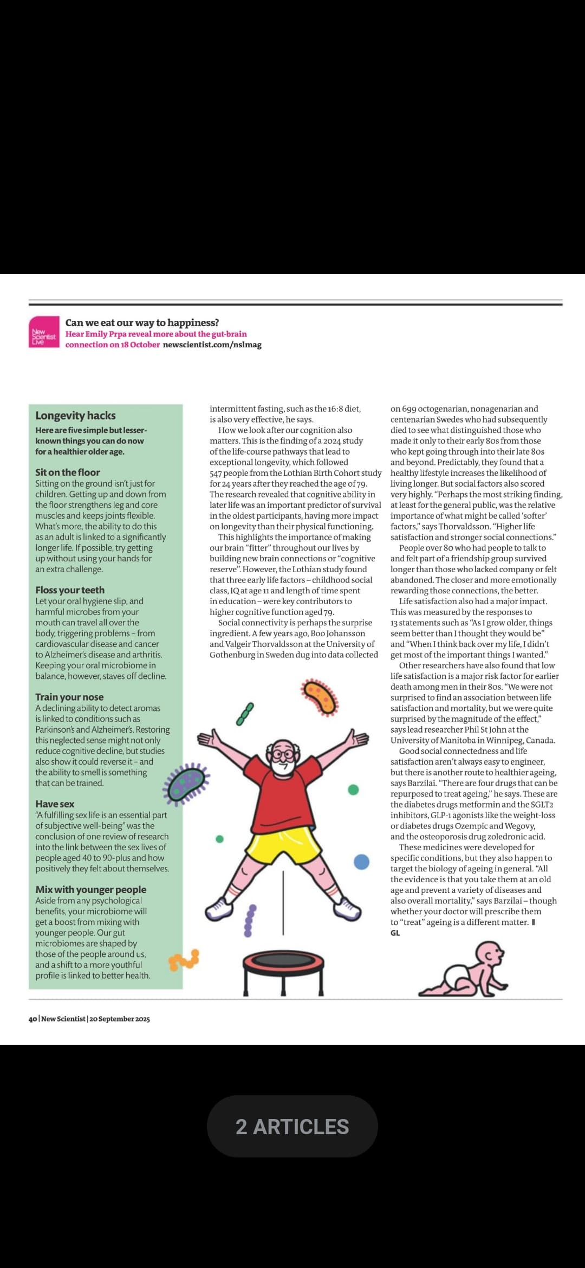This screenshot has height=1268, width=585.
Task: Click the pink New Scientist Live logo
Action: click(x=44, y=332)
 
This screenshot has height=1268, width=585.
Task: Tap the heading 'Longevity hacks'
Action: click(x=75, y=416)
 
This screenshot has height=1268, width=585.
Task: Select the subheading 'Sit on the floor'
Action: click(x=68, y=472)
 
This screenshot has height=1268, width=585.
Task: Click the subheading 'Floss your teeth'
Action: click(x=70, y=590)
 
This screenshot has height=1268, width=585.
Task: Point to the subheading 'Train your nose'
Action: click(x=69, y=697)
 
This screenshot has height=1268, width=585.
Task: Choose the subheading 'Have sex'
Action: click(x=55, y=804)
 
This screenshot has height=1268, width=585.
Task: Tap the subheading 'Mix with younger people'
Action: click(x=91, y=889)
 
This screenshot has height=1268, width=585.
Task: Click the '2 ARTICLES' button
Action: click(x=292, y=1127)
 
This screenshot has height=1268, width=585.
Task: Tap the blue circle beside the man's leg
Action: click(x=361, y=861)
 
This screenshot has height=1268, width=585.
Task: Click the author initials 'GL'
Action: click(x=395, y=933)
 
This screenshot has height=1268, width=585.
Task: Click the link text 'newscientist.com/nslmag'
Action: click(x=212, y=345)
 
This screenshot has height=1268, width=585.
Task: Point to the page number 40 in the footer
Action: click(x=32, y=1019)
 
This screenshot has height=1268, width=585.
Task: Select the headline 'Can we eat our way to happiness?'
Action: click(x=142, y=322)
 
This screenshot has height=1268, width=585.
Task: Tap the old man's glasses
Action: click(x=282, y=754)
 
